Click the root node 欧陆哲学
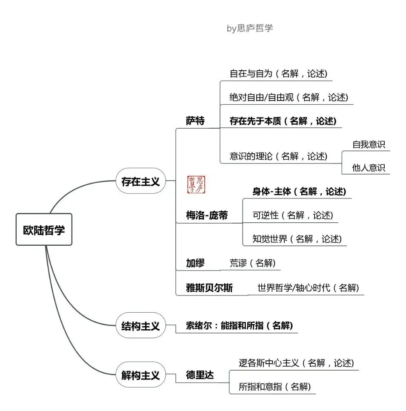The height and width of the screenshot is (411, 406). point(44,230)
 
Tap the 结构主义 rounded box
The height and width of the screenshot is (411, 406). point(140,326)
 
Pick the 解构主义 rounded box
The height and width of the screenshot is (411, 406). point(140,375)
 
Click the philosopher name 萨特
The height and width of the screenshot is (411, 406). point(195,121)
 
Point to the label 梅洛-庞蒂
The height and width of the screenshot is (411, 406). point(207,216)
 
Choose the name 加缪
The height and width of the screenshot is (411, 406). point(195,263)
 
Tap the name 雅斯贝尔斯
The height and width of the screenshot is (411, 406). point(209,287)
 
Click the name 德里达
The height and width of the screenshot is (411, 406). point(200,375)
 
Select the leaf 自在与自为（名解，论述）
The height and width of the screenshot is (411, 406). point(278,73)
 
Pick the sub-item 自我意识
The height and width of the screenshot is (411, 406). point(369,144)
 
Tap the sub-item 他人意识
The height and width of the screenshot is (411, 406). point(369,168)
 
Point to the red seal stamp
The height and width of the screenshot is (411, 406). point(196,184)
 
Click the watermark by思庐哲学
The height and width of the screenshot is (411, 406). point(250,29)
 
